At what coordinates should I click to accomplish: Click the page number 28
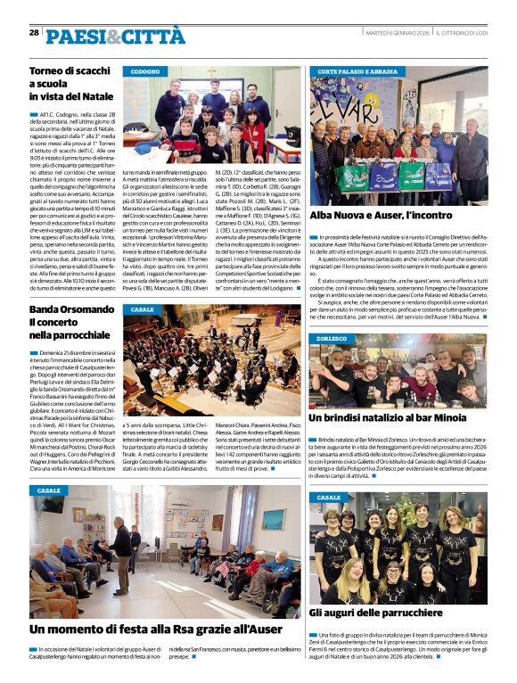[34, 32]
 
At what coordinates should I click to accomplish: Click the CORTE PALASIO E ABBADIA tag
[357, 70]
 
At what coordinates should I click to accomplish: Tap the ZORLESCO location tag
[331, 339]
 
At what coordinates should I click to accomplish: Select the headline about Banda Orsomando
[68, 322]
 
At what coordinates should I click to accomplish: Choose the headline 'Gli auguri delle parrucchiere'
[374, 613]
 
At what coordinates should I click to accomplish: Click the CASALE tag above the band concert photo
[142, 309]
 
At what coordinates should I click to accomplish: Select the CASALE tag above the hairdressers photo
[329, 497]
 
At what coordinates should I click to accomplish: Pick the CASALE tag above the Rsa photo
[49, 490]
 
